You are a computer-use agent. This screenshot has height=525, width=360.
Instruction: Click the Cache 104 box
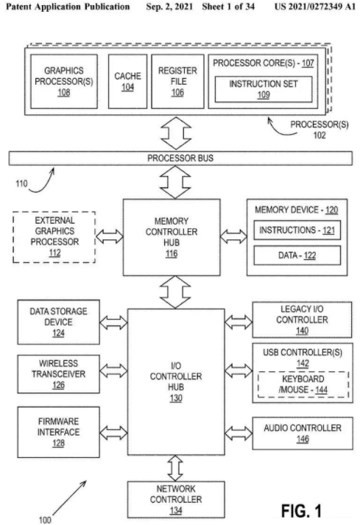coord(127,81)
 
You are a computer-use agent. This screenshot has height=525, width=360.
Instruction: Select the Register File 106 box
coord(177,81)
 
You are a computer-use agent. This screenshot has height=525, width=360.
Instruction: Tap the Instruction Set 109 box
coord(264,89)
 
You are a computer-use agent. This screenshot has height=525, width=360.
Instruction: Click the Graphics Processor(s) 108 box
coord(64,81)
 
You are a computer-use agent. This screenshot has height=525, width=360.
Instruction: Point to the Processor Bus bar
coord(180,158)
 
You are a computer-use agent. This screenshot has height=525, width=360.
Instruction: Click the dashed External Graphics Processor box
coord(54,236)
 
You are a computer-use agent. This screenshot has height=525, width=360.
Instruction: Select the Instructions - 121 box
coord(297,230)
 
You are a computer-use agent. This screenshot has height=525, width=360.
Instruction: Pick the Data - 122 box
coord(297,256)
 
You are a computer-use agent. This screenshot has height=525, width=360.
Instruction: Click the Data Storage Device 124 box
coord(59,322)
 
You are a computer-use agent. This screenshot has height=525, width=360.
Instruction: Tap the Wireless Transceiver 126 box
coord(59,374)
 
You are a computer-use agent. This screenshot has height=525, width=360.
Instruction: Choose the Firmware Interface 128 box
coord(59,432)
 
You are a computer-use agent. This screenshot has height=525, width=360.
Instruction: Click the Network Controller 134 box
coord(176,499)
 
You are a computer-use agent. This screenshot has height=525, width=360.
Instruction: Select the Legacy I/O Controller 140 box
coord(302,320)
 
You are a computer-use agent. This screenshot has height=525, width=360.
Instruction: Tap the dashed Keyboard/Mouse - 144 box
coord(303,384)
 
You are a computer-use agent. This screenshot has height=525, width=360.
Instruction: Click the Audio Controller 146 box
coord(303,433)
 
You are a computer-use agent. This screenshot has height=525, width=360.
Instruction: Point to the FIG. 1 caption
coord(301,510)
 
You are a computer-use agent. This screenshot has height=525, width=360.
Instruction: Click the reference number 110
coord(21,183)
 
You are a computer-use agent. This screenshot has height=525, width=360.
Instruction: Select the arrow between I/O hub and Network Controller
coord(175,468)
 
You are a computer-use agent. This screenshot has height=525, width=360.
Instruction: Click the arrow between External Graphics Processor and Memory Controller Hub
coord(110,236)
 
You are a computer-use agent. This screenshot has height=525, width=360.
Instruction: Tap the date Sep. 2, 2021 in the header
coord(169,7)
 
